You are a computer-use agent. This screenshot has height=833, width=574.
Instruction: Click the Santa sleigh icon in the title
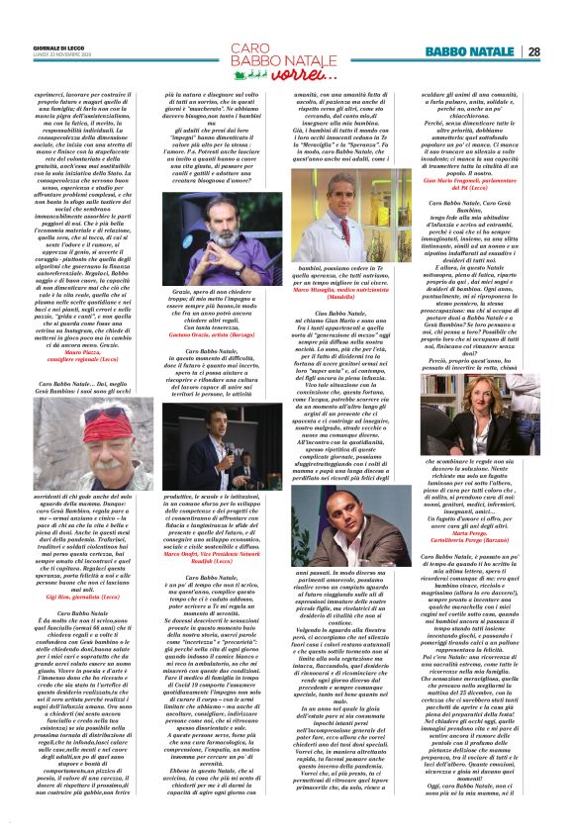(x=247, y=71)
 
